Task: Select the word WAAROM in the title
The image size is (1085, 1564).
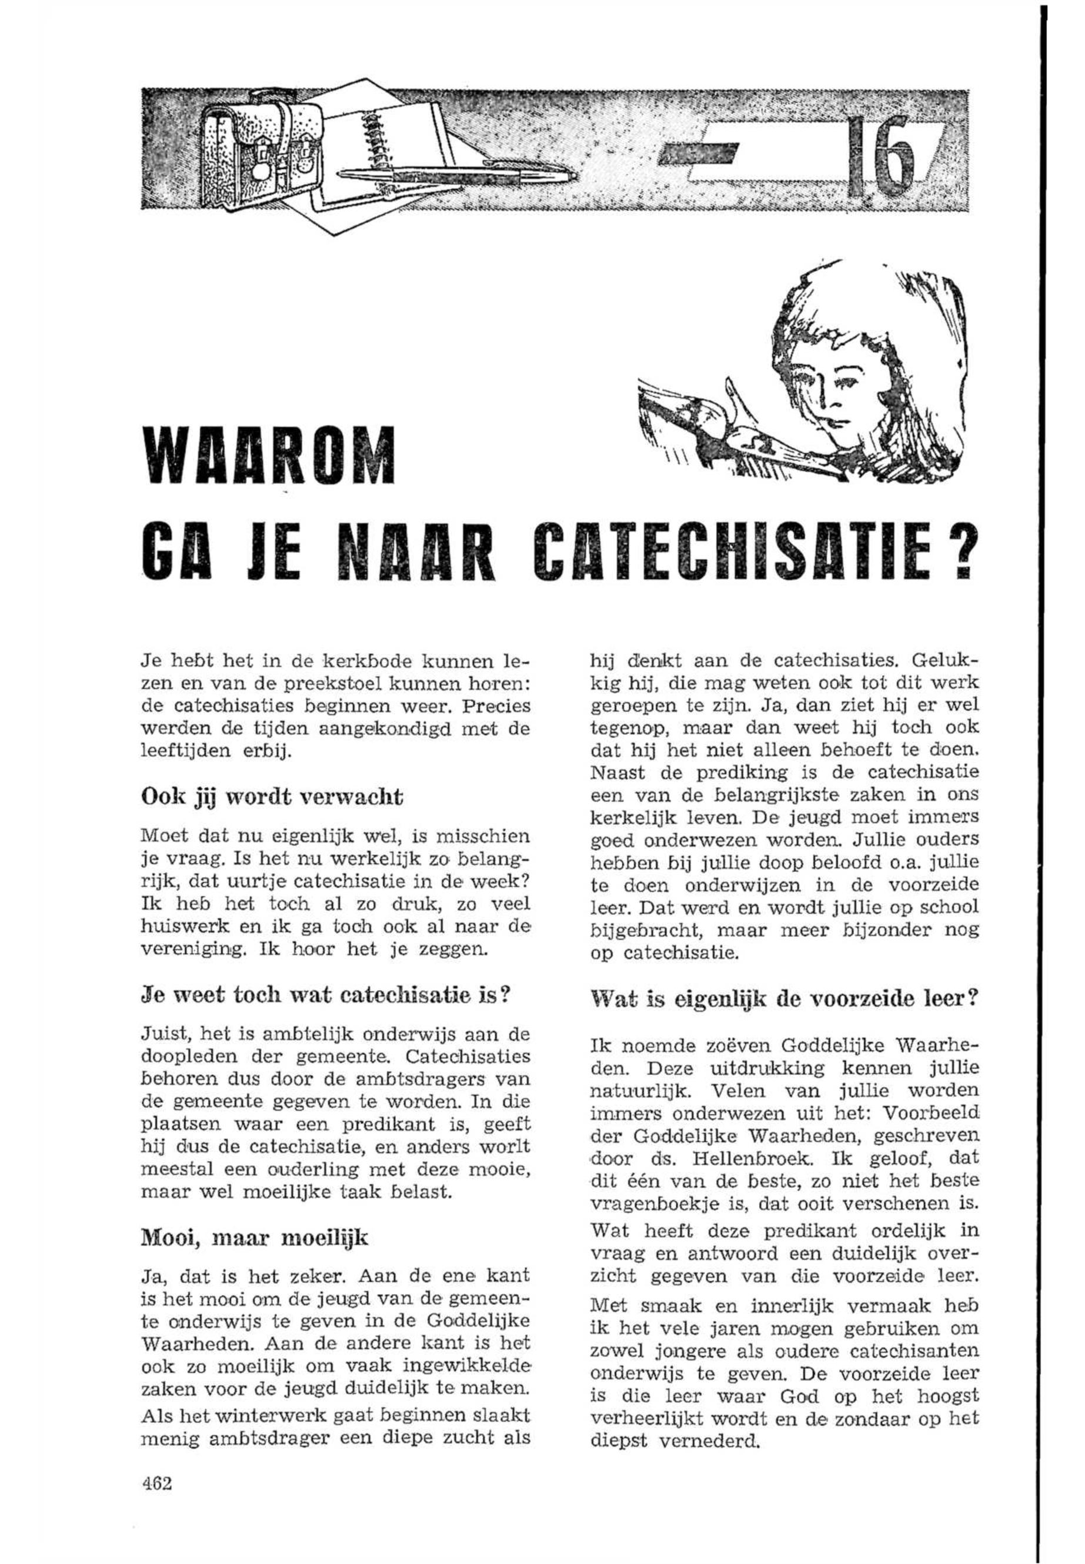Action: point(267,456)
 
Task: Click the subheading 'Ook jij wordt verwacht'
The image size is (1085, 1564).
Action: point(271,797)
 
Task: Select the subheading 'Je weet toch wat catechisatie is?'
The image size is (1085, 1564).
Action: point(325,998)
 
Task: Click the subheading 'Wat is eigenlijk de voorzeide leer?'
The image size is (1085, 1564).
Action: point(784,998)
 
